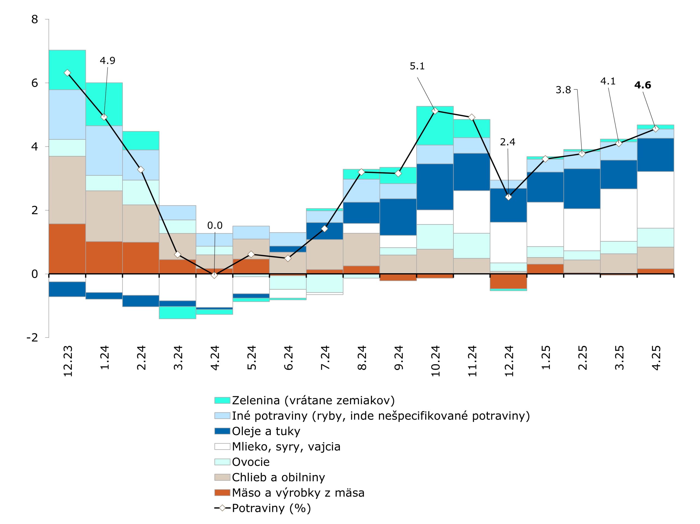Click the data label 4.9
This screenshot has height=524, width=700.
[107, 60]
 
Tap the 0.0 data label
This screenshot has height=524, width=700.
[215, 226]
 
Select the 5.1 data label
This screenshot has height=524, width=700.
[417, 66]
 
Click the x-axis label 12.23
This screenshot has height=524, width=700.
[68, 361]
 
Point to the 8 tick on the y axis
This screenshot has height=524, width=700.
[34, 20]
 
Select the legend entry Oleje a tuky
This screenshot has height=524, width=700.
[266, 431]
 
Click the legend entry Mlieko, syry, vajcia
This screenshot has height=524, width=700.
[286, 447]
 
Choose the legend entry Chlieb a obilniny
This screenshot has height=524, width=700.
[278, 477]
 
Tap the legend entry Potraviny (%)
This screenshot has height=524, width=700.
[271, 508]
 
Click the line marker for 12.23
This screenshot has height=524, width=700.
[67, 73]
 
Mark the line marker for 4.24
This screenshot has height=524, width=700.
[214, 275]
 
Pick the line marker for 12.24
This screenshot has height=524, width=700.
[508, 197]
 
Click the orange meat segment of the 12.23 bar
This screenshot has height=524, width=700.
[67, 249]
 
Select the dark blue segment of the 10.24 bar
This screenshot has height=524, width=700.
[435, 187]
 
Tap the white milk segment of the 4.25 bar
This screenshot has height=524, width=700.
[655, 200]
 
